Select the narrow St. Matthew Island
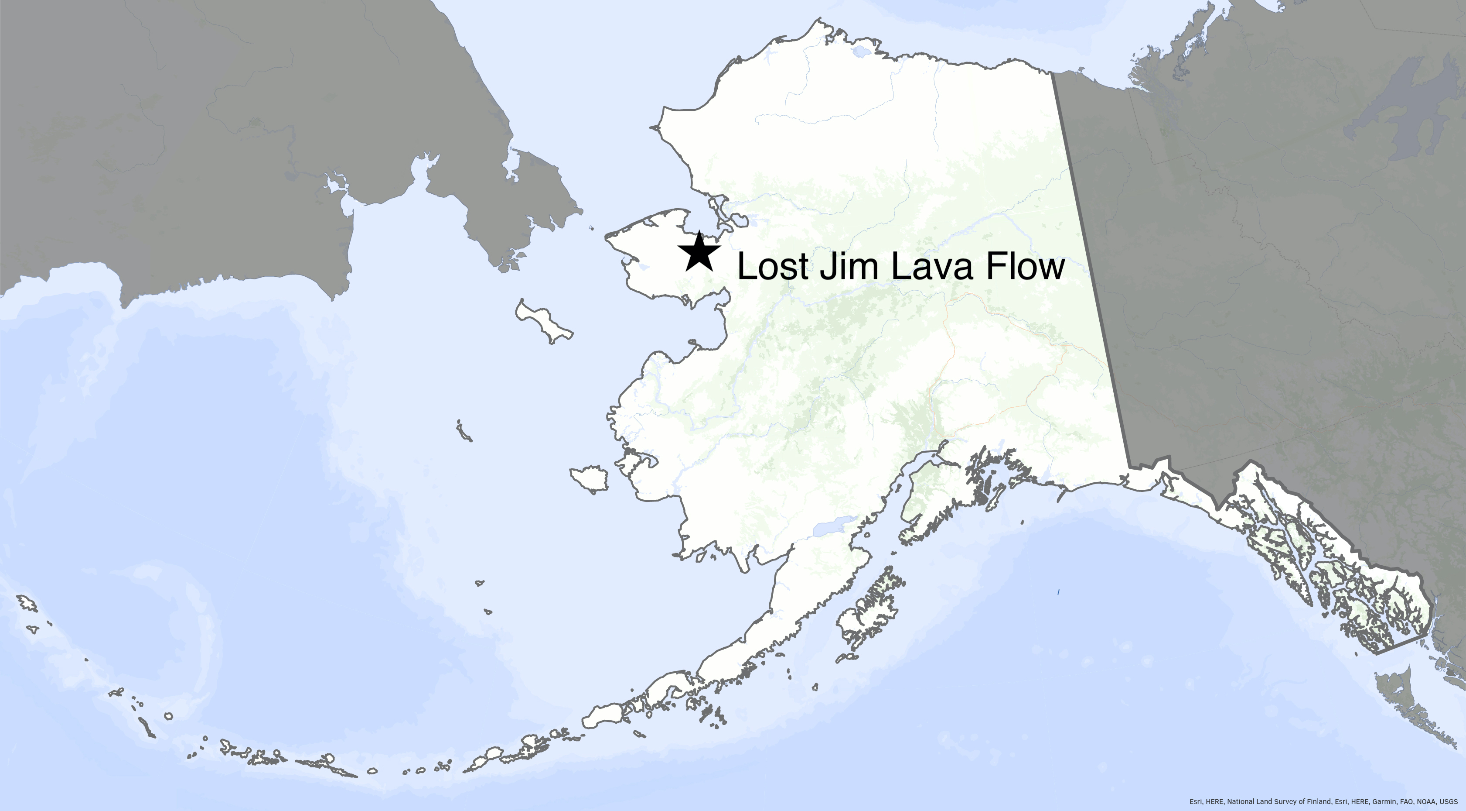click(x=464, y=431)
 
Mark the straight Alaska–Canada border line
click(x=1087, y=256)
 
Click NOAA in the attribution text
click(x=1429, y=801)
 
